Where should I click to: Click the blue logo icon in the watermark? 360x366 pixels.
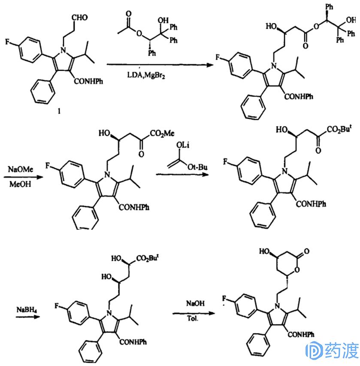point(313,351)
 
